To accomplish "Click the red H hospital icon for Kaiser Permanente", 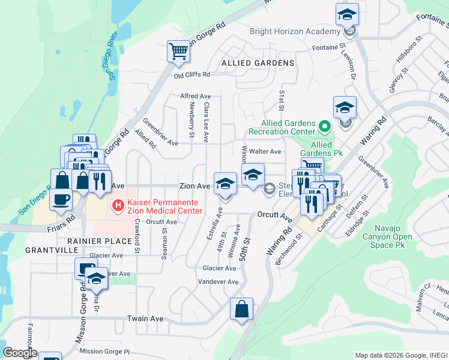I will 118,206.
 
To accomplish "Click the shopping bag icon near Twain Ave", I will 241,310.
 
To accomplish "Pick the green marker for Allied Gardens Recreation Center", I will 324,126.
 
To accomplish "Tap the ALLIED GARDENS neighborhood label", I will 258,63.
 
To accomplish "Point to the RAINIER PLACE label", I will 99,241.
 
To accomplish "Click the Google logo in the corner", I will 20,352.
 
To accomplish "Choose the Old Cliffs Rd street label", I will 192,75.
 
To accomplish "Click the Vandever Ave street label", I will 218,282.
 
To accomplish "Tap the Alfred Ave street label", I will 196,96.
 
